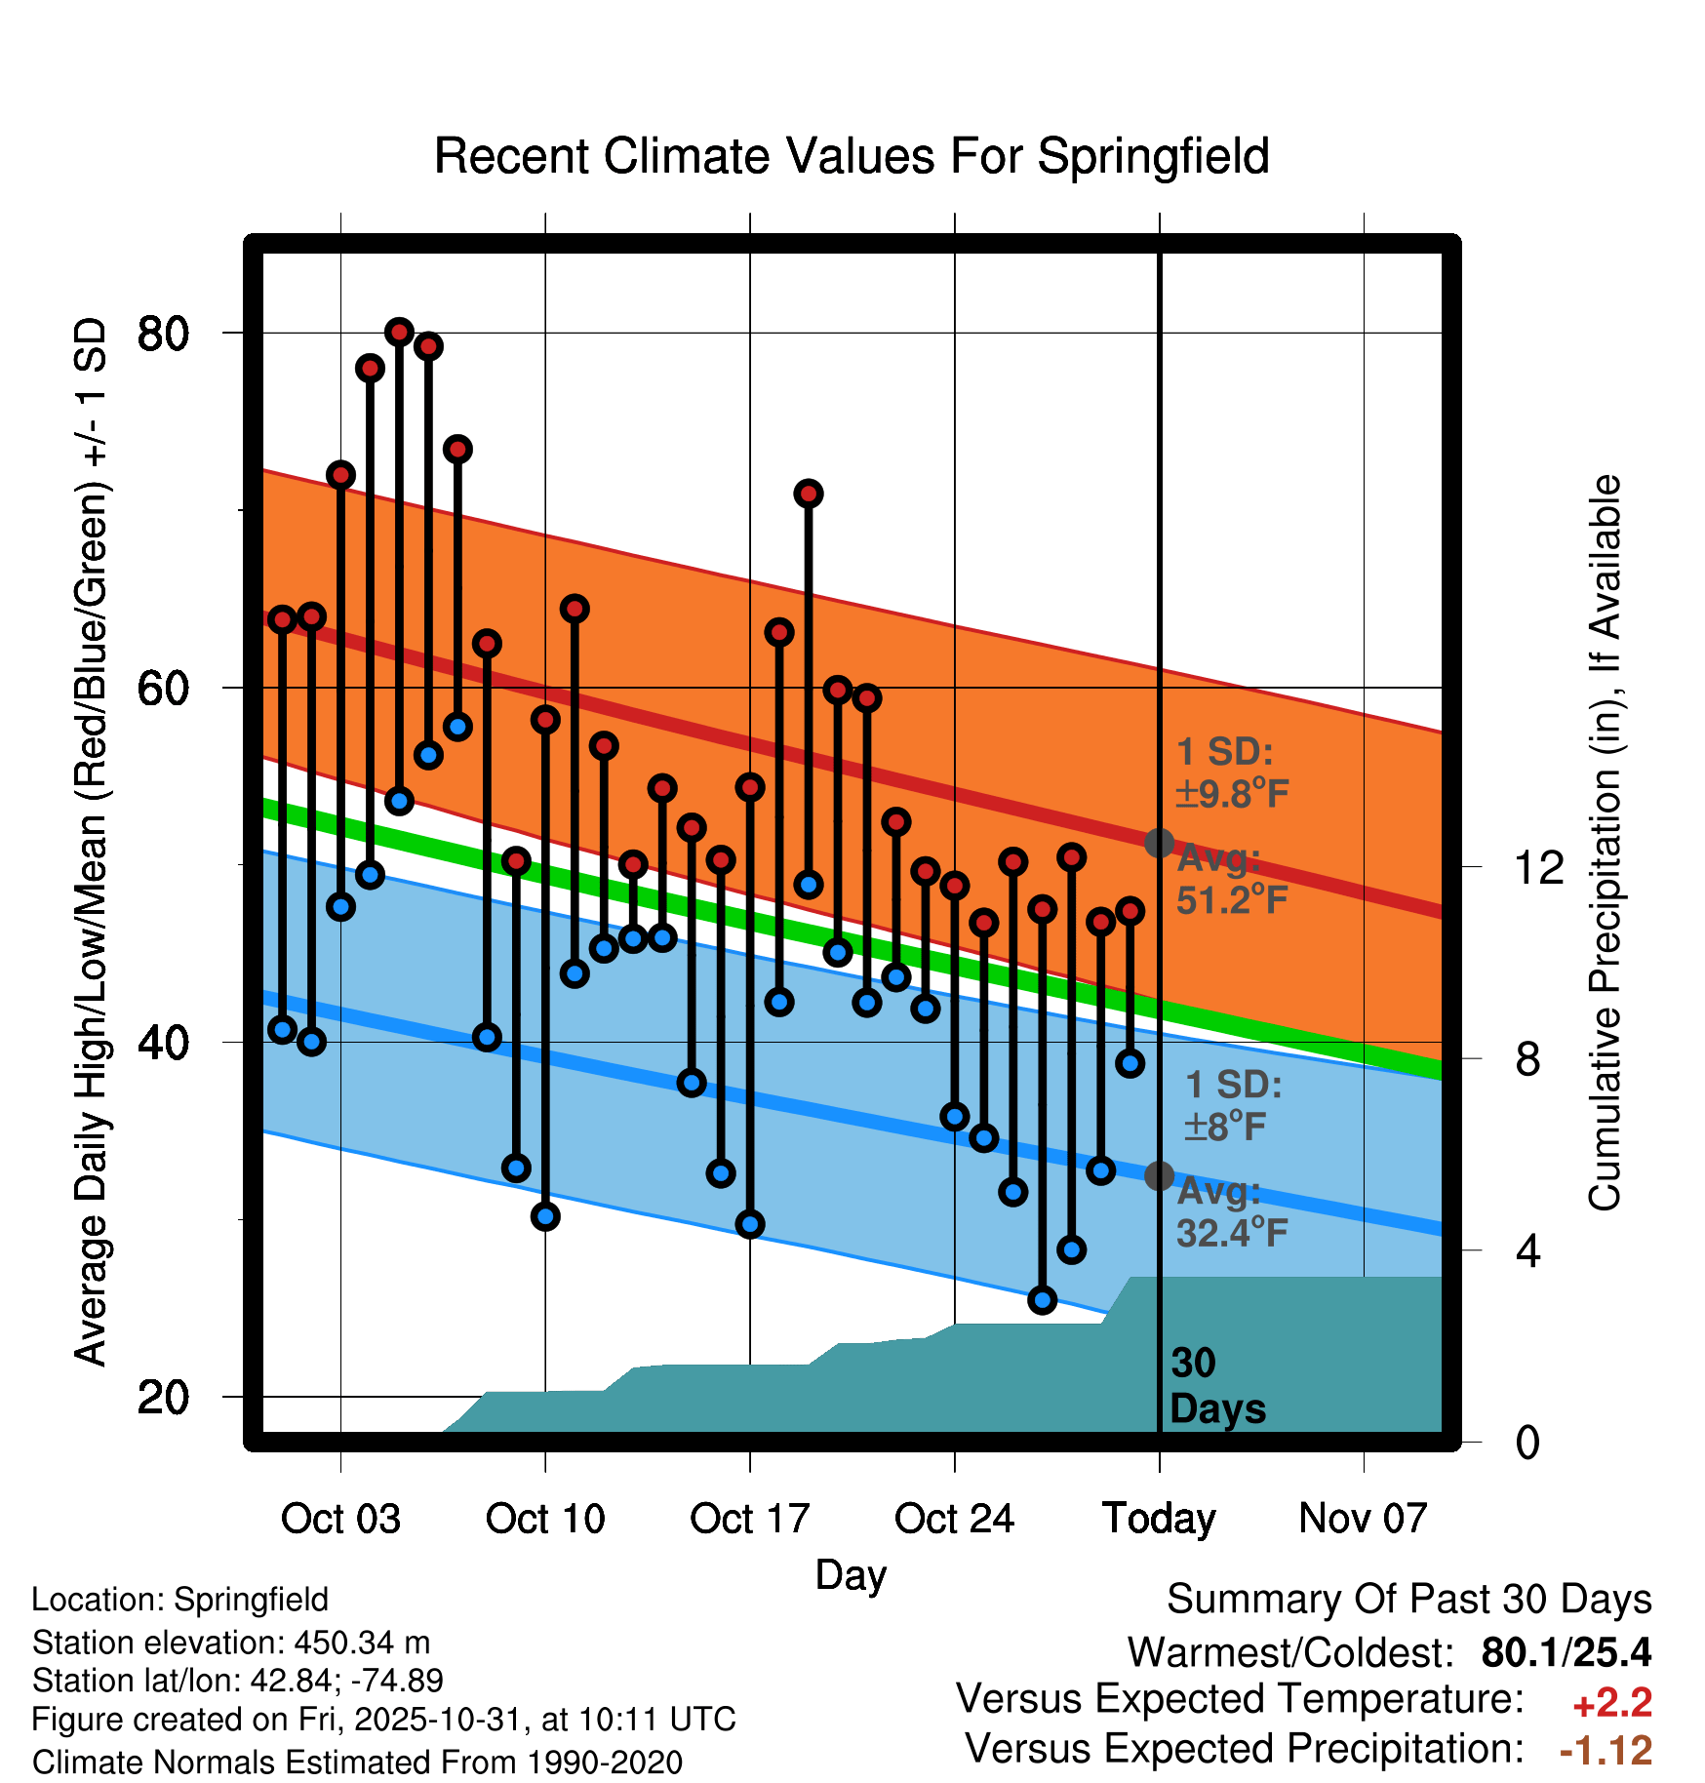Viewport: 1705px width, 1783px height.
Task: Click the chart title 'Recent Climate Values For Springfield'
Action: click(852, 156)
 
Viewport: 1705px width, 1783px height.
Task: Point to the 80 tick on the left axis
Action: click(163, 334)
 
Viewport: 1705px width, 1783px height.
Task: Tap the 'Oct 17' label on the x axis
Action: click(749, 1519)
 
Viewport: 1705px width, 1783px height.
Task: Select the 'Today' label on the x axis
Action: click(1159, 1519)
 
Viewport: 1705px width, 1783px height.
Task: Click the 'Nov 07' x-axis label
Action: click(1363, 1519)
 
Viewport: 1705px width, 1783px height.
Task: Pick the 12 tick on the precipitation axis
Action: click(1538, 867)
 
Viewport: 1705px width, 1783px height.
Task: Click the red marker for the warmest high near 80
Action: click(399, 333)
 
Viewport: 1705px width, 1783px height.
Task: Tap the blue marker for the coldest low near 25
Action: click(1042, 1300)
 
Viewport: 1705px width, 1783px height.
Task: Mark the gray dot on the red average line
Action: click(1159, 843)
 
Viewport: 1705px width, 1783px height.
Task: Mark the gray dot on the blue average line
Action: click(1159, 1175)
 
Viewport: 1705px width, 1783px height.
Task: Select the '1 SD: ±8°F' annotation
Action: click(1232, 1106)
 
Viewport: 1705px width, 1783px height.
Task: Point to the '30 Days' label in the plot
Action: click(1216, 1386)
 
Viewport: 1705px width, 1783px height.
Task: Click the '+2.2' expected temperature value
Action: click(1611, 1703)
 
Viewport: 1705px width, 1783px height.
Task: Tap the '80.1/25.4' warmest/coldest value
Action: click(1566, 1652)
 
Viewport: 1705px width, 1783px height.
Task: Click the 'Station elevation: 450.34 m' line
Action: click(231, 1643)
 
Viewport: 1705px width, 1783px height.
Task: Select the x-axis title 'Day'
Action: click(851, 1574)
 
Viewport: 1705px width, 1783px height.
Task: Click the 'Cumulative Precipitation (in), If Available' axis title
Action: click(1604, 843)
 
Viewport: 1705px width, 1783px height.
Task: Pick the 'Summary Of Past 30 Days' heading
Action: click(1408, 1600)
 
